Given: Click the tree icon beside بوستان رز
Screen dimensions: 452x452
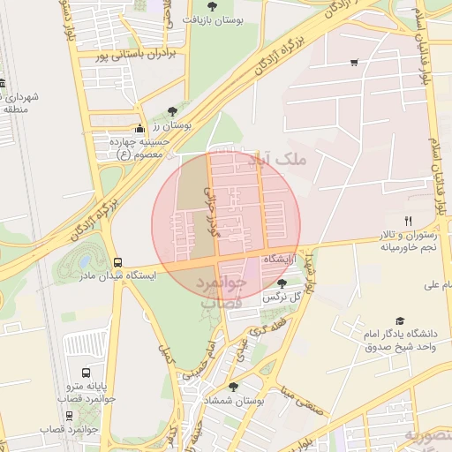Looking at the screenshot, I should pos(172,111).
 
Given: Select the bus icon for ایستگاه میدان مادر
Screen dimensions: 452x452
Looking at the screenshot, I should pos(117,261).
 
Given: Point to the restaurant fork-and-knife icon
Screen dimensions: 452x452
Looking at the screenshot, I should pos(408,220).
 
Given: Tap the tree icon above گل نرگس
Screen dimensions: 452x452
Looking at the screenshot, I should pos(282,283).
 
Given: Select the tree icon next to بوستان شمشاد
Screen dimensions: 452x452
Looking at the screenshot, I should pos(233,387).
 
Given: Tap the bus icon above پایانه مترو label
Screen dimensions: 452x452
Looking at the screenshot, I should pos(86,373).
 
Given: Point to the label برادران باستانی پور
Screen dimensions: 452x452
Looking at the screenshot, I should pos(136,55).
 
